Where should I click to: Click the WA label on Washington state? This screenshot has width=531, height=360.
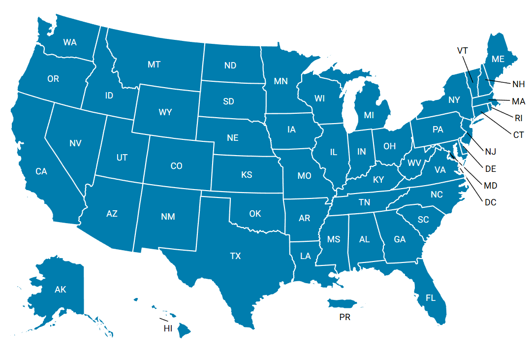coord(70,42)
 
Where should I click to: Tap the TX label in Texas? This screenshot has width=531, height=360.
coord(236,256)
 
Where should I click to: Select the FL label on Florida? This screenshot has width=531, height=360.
coord(431,298)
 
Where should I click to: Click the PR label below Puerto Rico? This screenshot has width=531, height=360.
coord(344,318)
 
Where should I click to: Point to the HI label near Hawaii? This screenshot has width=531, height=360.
coord(168,328)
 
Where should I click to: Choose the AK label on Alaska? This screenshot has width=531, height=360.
coord(60,290)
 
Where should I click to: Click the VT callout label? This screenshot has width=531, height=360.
coord(462,50)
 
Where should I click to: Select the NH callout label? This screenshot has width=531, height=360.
coord(519,84)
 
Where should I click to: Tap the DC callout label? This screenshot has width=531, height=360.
coord(490,202)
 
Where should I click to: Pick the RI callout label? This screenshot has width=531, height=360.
coord(519,118)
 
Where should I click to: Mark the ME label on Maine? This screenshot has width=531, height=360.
coord(498,59)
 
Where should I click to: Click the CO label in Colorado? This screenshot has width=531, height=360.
coord(176,166)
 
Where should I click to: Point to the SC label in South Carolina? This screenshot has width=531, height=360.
coord(423,220)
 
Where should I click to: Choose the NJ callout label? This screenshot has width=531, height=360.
coord(490,151)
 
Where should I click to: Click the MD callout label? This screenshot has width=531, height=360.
coord(490,186)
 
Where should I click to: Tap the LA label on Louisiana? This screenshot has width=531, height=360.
coord(306,256)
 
